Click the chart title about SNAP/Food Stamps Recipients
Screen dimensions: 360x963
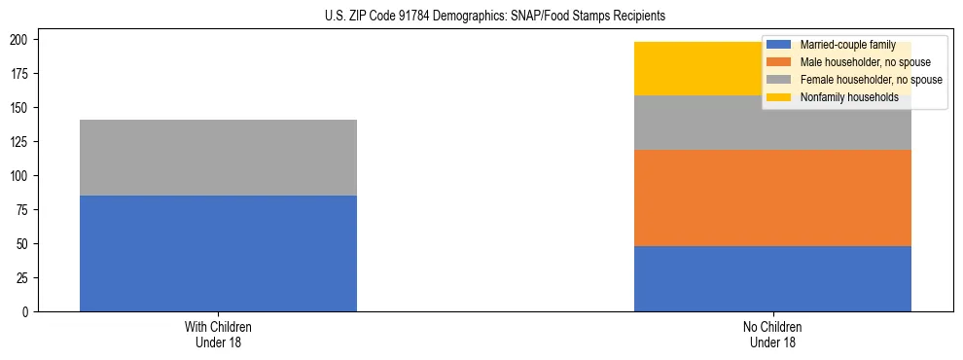(x=495, y=17)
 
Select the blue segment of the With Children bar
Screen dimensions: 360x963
(x=218, y=253)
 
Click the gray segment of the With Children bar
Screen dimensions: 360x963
(x=218, y=158)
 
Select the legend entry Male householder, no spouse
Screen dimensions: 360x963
(x=865, y=62)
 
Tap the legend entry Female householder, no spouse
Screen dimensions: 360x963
(x=870, y=80)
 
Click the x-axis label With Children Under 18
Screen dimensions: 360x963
(x=218, y=334)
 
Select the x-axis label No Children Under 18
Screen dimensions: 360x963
(x=772, y=334)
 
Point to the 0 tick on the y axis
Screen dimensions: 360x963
(x=28, y=312)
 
